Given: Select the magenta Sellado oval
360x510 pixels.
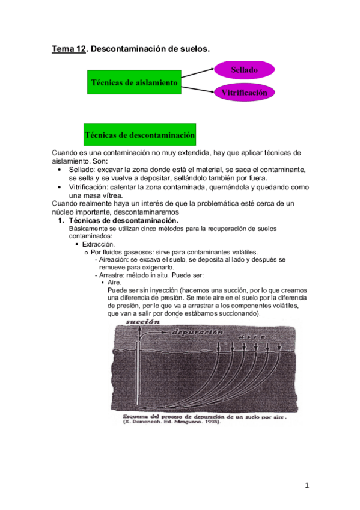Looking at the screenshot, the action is [245, 70].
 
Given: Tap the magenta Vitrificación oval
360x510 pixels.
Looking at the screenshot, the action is [245, 93].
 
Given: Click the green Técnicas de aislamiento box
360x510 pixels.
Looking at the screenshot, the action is [134, 82].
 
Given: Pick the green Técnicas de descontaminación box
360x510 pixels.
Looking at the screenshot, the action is [139, 135].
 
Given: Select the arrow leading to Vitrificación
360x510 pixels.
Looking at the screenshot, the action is [198, 88].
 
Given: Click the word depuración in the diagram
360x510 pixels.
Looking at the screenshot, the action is [198, 332].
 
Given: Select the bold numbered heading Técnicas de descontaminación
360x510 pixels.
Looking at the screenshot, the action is [121, 221].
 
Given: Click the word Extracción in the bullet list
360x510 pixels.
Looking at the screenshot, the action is [99, 244].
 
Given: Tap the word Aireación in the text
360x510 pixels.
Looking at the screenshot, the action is [114, 260].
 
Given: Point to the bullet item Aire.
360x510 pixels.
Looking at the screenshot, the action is [114, 282].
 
